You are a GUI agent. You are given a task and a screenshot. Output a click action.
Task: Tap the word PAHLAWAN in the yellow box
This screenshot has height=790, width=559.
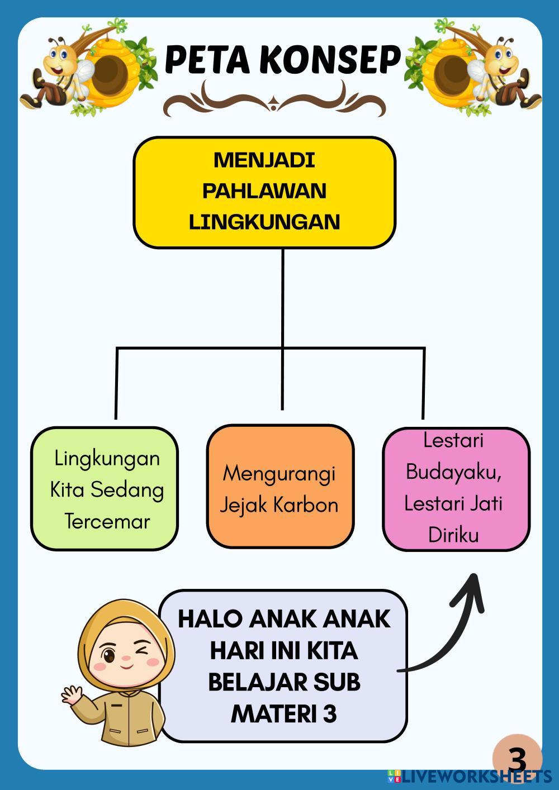click(x=264, y=191)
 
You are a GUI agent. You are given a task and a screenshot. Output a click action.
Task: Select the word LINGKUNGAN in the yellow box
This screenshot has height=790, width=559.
click(x=264, y=222)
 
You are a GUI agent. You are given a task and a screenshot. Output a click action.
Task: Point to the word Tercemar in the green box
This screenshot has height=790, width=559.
click(x=107, y=521)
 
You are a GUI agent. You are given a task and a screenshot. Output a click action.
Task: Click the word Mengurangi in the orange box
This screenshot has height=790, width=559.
click(x=279, y=474)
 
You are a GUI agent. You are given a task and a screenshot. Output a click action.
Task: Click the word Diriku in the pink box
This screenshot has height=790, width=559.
click(x=453, y=535)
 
